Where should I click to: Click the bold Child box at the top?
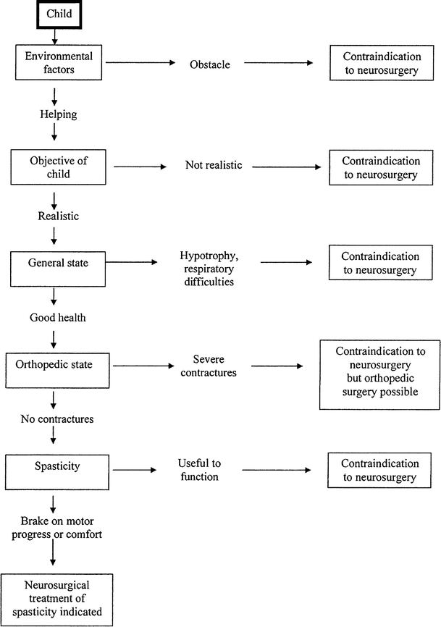coord(54,14)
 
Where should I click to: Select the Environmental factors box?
coord(54,63)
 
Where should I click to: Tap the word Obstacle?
coord(209,64)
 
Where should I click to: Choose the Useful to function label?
coord(197,469)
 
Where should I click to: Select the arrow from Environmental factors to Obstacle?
coord(146,64)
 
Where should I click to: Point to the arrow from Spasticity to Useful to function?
coord(135,471)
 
